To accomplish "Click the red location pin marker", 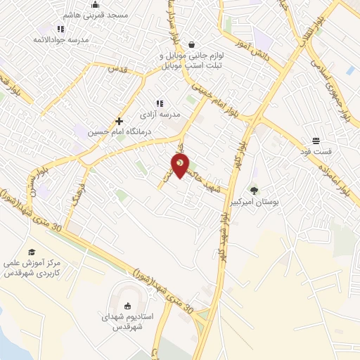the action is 181,166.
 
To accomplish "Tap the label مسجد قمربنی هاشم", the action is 77,15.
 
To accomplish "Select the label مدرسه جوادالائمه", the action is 60,39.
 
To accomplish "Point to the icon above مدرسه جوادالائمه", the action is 60,29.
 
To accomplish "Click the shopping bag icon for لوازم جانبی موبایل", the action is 191,44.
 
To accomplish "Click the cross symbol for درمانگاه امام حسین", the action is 119,121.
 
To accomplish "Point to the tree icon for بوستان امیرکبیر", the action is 254,190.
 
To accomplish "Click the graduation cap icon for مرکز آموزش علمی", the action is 31,252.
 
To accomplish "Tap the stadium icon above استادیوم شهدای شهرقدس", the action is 127,305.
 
